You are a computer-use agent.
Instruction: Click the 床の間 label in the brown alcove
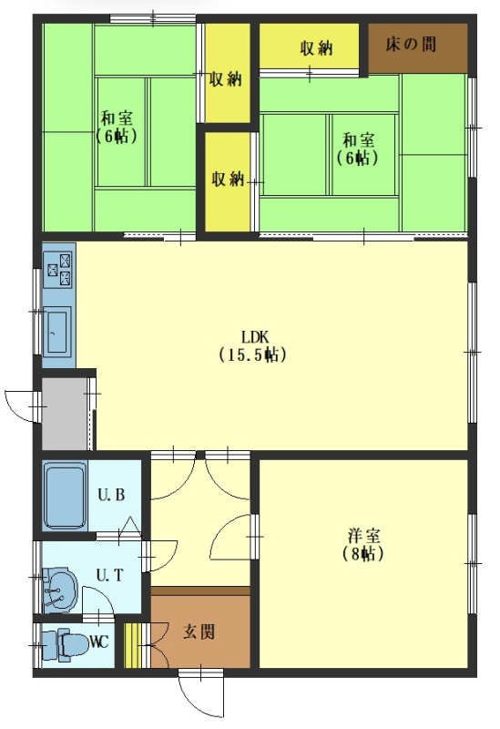[x=411, y=45]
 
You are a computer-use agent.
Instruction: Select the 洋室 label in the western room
[x=364, y=536]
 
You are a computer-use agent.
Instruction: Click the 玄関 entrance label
[x=199, y=631]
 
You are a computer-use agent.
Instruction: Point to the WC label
[x=99, y=642]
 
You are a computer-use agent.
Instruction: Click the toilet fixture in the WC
[x=65, y=645]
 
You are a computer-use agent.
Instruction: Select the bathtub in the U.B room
[x=65, y=496]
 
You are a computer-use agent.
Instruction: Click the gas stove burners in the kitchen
[x=59, y=270]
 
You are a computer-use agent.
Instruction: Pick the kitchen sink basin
[x=57, y=332]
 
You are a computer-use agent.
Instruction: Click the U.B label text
[x=111, y=494]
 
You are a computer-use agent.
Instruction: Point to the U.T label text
[x=109, y=575]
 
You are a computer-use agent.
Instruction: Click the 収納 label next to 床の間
[x=316, y=48]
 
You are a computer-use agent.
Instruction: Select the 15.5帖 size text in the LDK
[x=252, y=354]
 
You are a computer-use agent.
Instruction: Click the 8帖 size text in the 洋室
[x=363, y=554]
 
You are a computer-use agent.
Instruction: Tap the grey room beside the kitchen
[x=65, y=414]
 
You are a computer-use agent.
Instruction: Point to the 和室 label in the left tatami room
[x=117, y=118]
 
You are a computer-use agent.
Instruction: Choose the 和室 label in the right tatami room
[x=358, y=140]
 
